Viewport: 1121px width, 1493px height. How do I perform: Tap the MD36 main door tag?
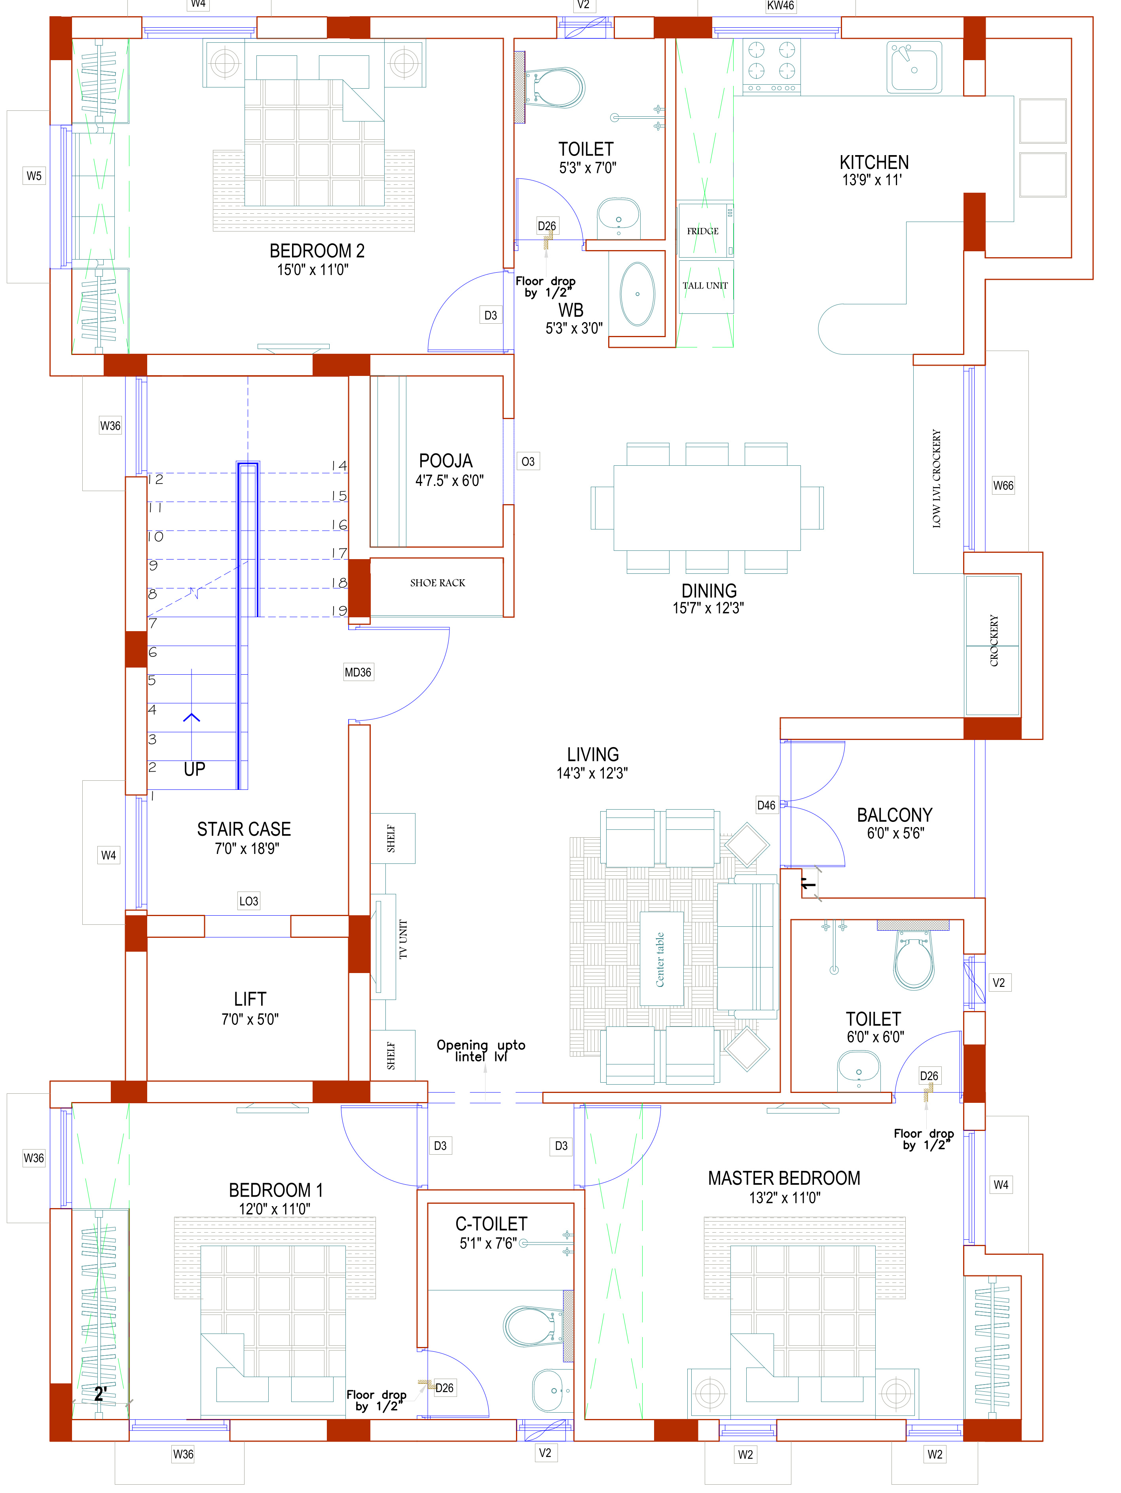click(x=358, y=672)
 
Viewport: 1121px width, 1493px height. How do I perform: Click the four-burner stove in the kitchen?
click(x=771, y=65)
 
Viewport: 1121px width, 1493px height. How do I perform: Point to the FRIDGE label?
click(x=703, y=231)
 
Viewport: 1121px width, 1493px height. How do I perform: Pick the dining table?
click(x=707, y=508)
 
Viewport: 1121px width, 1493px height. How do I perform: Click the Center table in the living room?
click(x=661, y=959)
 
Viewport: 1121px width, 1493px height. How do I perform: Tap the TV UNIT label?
click(x=403, y=939)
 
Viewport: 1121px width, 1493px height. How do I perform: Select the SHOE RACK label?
click(x=437, y=582)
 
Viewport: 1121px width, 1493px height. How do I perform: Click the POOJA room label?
click(x=446, y=461)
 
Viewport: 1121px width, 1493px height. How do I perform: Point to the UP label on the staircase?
click(x=194, y=769)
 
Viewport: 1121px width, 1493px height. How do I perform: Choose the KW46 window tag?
click(x=780, y=6)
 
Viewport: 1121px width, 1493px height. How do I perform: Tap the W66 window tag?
click(x=1003, y=485)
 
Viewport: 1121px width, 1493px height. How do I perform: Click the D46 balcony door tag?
click(x=766, y=805)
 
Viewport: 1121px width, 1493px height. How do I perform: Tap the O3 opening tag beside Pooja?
click(x=528, y=462)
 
